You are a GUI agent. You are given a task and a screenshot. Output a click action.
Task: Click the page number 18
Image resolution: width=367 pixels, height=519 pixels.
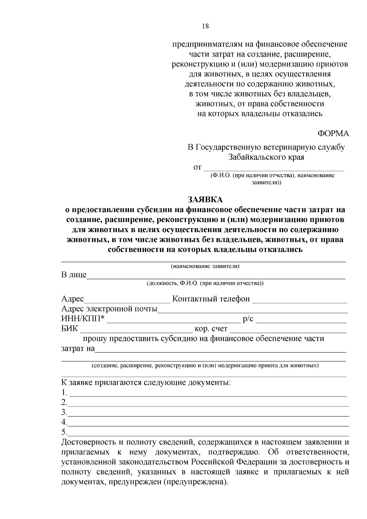click(205, 26)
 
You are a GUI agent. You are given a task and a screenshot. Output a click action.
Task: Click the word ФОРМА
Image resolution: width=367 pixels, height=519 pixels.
click(333, 134)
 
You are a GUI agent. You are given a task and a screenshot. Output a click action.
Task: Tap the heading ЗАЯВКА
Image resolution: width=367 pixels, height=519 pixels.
click(205, 200)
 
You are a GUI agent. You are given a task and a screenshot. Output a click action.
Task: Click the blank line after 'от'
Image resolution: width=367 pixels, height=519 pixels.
click(274, 169)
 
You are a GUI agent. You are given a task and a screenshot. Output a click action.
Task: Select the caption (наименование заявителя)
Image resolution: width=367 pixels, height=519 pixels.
click(205, 266)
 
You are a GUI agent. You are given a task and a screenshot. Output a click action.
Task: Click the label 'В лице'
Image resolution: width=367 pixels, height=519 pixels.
click(74, 275)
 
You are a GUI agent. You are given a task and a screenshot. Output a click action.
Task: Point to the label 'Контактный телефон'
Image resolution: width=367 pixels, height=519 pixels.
click(211, 298)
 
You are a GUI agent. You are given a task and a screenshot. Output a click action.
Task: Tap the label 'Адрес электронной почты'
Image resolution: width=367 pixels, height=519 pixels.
click(109, 309)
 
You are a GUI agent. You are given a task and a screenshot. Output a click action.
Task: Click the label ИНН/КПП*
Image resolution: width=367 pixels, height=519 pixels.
click(83, 319)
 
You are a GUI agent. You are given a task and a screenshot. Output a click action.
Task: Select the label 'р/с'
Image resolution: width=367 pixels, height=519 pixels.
click(248, 319)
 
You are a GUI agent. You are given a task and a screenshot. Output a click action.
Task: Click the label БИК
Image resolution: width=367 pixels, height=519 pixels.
click(70, 329)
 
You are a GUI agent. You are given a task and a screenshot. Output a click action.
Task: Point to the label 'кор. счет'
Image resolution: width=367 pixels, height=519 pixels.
click(211, 329)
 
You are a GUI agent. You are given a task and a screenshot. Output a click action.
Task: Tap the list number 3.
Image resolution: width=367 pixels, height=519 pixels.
click(64, 412)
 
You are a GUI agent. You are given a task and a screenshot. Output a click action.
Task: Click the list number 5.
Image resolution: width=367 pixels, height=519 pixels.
click(64, 432)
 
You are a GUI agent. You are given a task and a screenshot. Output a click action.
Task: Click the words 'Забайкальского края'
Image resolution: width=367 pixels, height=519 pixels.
click(266, 158)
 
